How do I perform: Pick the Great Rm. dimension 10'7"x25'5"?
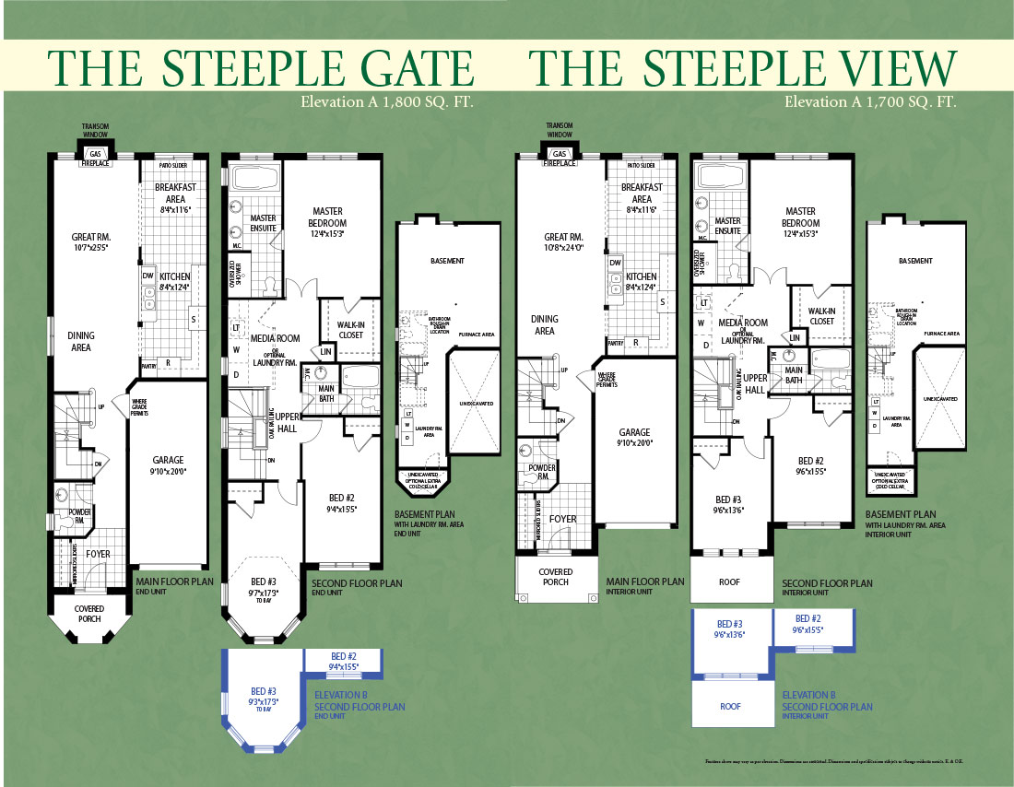(x=91, y=247)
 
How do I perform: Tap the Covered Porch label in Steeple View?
(x=556, y=576)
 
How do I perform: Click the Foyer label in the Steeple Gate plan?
(x=98, y=554)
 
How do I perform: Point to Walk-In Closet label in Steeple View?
(x=821, y=316)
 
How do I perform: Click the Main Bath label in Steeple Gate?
(x=326, y=393)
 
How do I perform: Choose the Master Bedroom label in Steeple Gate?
(x=328, y=217)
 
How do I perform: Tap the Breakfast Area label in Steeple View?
(x=642, y=193)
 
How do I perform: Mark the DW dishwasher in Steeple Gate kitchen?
(x=147, y=275)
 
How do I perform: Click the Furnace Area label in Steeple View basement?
(x=943, y=333)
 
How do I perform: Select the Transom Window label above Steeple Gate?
(x=95, y=131)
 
